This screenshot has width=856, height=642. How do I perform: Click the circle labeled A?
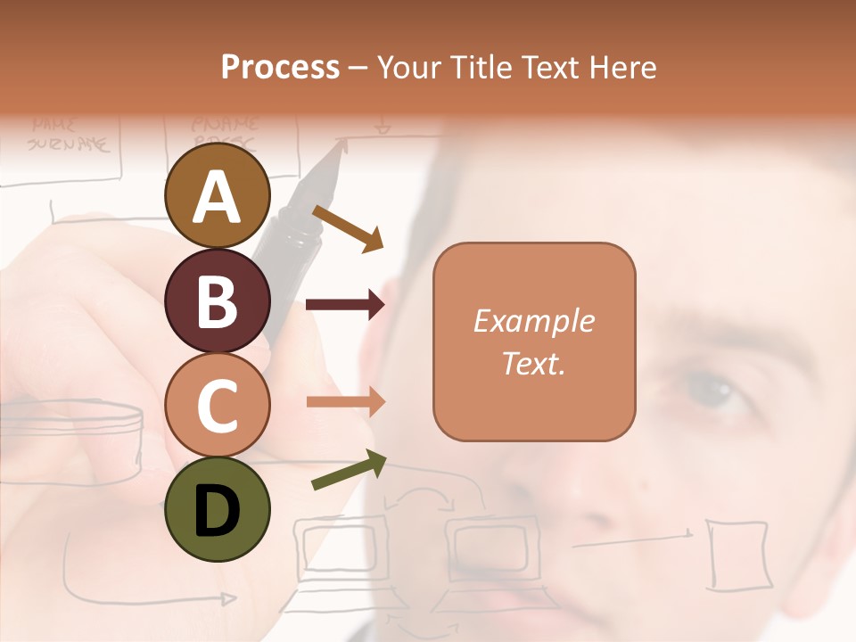click(217, 198)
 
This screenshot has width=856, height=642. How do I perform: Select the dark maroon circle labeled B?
click(217, 301)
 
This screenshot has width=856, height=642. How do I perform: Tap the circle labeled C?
click(217, 406)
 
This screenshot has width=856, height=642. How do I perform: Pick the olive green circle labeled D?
click(217, 509)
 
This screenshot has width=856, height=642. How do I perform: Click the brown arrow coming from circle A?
click(348, 229)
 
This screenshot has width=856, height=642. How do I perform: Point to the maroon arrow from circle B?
click(345, 305)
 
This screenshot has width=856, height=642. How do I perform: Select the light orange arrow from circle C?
click(345, 401)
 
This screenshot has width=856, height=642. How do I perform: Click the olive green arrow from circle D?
click(349, 470)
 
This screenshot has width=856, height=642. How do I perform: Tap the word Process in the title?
click(280, 67)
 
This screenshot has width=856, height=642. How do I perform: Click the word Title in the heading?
click(481, 67)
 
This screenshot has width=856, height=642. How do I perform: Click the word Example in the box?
click(533, 321)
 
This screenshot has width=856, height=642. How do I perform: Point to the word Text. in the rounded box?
click(533, 363)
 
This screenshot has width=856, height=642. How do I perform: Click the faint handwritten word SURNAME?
click(68, 143)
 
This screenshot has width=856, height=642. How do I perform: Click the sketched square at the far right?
click(737, 554)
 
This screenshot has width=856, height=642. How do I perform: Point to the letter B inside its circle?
click(217, 301)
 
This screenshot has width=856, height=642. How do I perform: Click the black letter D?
click(217, 511)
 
